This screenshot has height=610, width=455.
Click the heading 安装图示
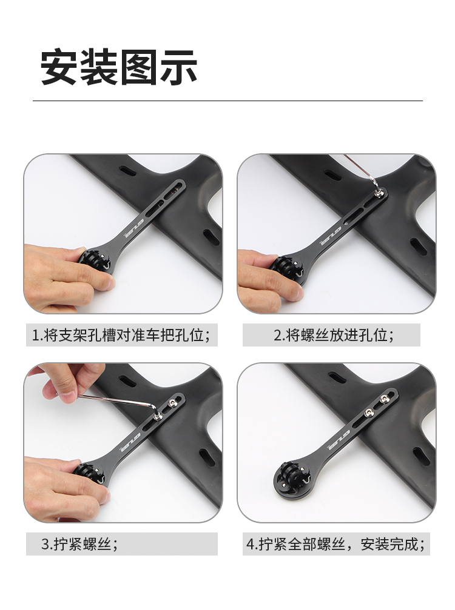[119, 67]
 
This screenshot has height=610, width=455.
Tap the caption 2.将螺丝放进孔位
[334, 335]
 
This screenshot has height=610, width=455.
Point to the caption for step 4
[335, 544]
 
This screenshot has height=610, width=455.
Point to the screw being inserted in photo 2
[379, 193]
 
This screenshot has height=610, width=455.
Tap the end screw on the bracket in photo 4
[385, 399]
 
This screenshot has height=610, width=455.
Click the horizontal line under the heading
[227, 101]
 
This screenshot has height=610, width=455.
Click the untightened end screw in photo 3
[172, 403]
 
